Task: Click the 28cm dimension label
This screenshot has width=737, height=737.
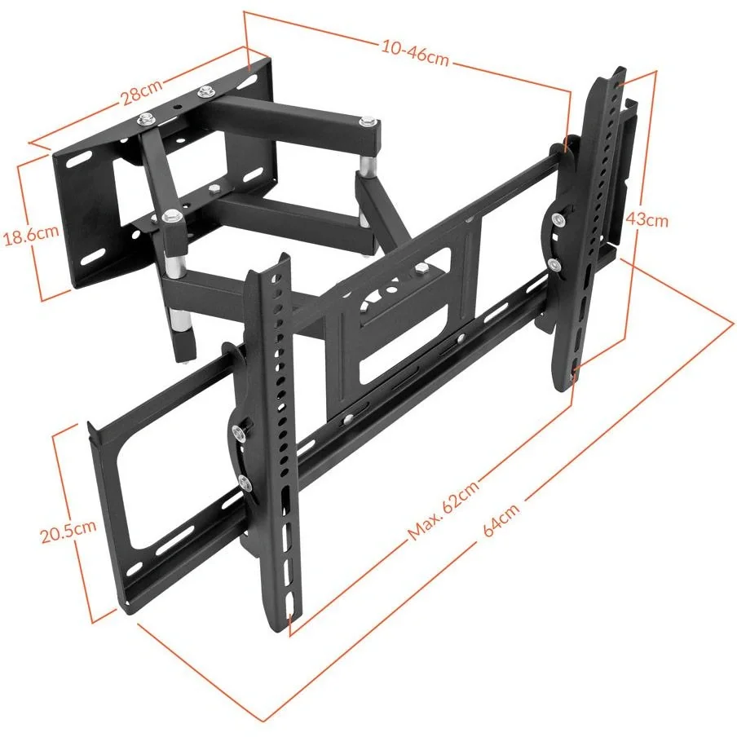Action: [142, 91]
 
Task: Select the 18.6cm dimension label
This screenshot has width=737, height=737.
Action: [32, 235]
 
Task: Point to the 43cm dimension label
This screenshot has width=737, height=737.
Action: [647, 219]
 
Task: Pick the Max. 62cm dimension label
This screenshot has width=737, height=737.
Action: [444, 510]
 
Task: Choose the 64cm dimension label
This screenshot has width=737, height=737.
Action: [501, 519]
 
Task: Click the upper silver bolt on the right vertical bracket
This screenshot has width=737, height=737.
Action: [558, 218]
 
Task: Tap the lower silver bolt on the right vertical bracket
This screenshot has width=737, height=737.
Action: [555, 264]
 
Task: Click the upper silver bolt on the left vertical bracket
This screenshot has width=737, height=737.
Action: [239, 432]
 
